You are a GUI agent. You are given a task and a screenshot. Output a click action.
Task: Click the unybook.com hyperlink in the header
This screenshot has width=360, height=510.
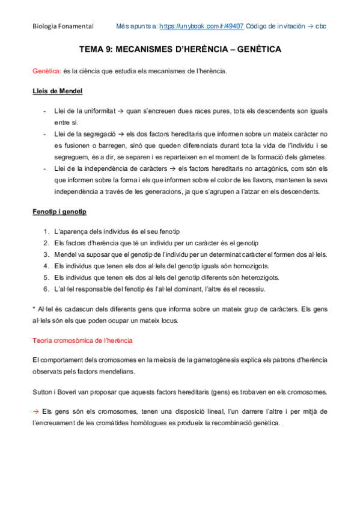pyautogui.click(x=201, y=26)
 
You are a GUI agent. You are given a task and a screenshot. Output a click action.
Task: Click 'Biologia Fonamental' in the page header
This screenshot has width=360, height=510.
pyautogui.click(x=63, y=26)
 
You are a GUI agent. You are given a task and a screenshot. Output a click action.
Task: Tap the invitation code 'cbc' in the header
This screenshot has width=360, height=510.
pyautogui.click(x=321, y=26)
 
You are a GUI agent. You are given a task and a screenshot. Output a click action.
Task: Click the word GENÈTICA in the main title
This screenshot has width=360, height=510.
pyautogui.click(x=251, y=50)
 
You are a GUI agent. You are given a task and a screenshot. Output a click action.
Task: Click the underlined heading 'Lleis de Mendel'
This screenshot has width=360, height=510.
pyautogui.click(x=57, y=91)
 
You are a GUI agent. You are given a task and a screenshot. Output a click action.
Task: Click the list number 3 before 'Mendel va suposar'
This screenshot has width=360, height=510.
pyautogui.click(x=46, y=254)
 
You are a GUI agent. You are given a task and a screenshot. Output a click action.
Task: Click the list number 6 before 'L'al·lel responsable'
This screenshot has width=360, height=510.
pyautogui.click(x=46, y=289)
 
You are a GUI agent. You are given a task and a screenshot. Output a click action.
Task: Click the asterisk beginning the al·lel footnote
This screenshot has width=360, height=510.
pyautogui.click(x=34, y=309)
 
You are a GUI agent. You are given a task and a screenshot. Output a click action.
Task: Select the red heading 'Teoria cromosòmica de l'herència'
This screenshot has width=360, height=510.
pyautogui.click(x=82, y=340)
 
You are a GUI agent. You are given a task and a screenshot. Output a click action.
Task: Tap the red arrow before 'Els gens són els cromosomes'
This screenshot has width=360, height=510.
pyautogui.click(x=35, y=411)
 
